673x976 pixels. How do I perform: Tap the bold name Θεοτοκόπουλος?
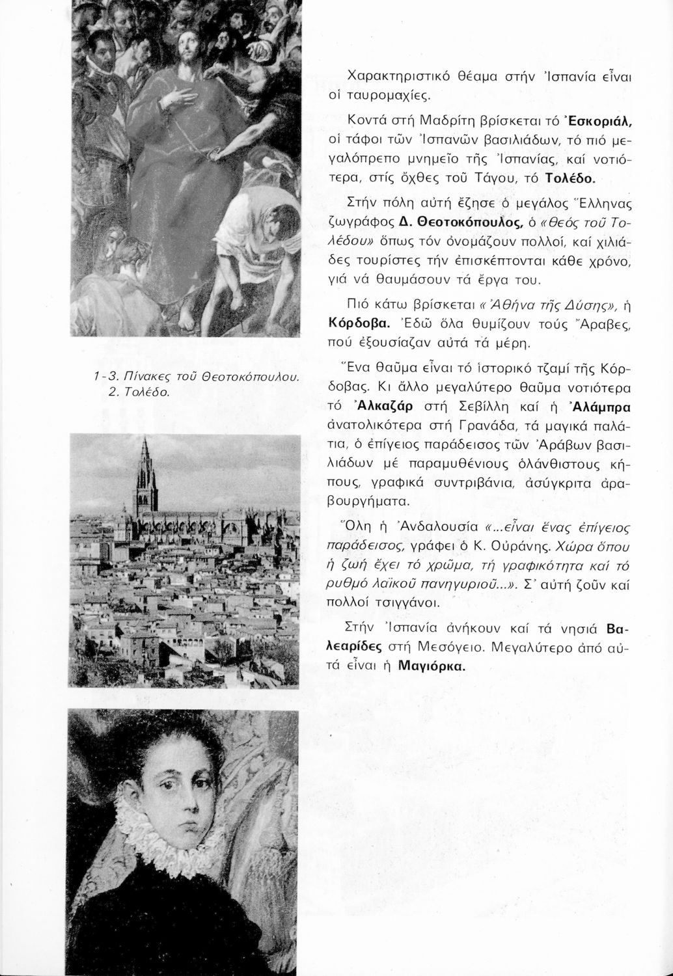(471, 224)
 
